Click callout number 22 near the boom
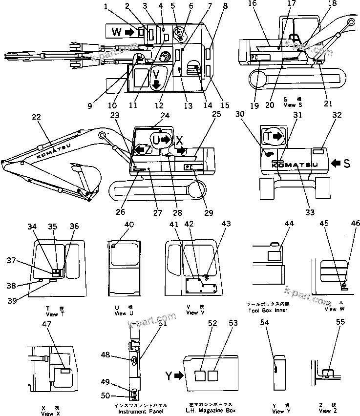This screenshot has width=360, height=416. point(36,117)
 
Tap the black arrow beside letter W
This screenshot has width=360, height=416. point(130,32)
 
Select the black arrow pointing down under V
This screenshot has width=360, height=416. point(156,84)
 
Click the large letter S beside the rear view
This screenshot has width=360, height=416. point(346,164)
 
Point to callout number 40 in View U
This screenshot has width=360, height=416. point(129,225)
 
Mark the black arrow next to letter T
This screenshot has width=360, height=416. point(276,137)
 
